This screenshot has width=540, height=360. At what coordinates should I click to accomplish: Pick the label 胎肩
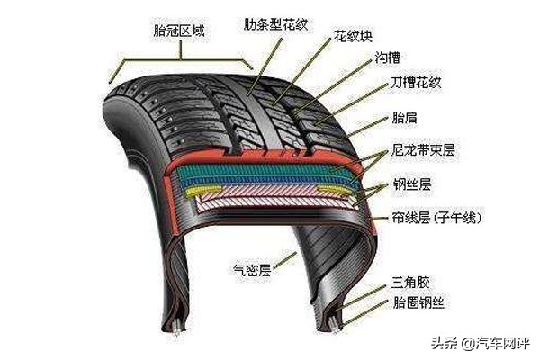[404, 117]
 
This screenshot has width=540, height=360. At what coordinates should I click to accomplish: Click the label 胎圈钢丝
[418, 301]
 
